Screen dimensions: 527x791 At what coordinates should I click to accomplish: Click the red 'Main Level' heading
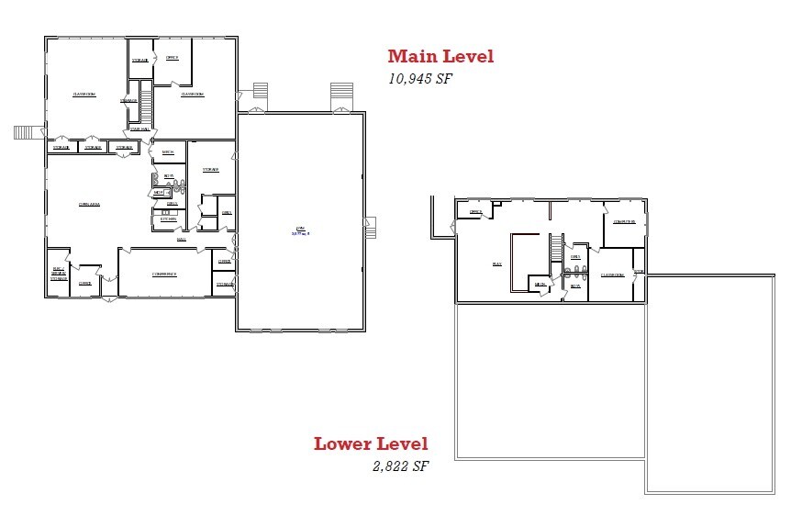click(x=440, y=56)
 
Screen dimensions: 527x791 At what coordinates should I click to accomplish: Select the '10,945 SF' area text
click(x=421, y=79)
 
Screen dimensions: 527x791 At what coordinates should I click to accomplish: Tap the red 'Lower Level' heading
click(x=371, y=444)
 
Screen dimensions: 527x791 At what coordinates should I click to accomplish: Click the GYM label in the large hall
click(x=299, y=229)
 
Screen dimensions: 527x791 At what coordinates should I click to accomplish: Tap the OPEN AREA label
click(x=89, y=204)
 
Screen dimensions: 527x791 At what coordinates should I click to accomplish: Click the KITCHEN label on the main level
click(x=168, y=219)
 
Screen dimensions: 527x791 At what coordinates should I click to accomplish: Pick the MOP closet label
click(x=158, y=193)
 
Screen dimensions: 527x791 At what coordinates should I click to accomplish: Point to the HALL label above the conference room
click(x=182, y=238)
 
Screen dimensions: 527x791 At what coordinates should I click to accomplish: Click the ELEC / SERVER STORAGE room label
click(x=59, y=274)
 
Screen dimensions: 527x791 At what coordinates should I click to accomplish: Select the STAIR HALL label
click(x=139, y=129)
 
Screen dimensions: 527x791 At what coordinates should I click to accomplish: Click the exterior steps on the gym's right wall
click(x=371, y=227)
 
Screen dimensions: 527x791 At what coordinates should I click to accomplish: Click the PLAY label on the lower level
click(x=496, y=263)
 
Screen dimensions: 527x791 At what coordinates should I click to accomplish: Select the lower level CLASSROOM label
click(x=612, y=275)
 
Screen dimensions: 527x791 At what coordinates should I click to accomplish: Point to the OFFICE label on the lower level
click(x=475, y=212)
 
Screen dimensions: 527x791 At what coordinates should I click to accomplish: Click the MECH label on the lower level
click(x=540, y=286)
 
